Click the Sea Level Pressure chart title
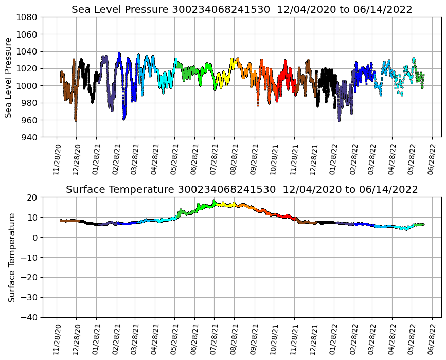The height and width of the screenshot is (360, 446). [x=242, y=10]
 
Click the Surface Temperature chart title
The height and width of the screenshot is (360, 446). [x=242, y=190]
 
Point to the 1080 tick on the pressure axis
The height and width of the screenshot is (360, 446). [x=28, y=17]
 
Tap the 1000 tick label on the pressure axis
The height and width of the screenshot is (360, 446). [x=28, y=86]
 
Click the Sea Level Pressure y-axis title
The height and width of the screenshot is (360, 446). [x=9, y=77]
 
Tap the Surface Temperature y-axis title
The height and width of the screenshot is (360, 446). [x=11, y=257]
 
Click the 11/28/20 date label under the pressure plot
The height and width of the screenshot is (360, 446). [x=57, y=158]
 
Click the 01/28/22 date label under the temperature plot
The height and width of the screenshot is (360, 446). [x=334, y=338]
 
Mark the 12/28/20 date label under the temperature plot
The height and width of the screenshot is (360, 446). [x=77, y=338]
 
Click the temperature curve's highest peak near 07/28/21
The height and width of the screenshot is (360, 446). [x=214, y=201]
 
